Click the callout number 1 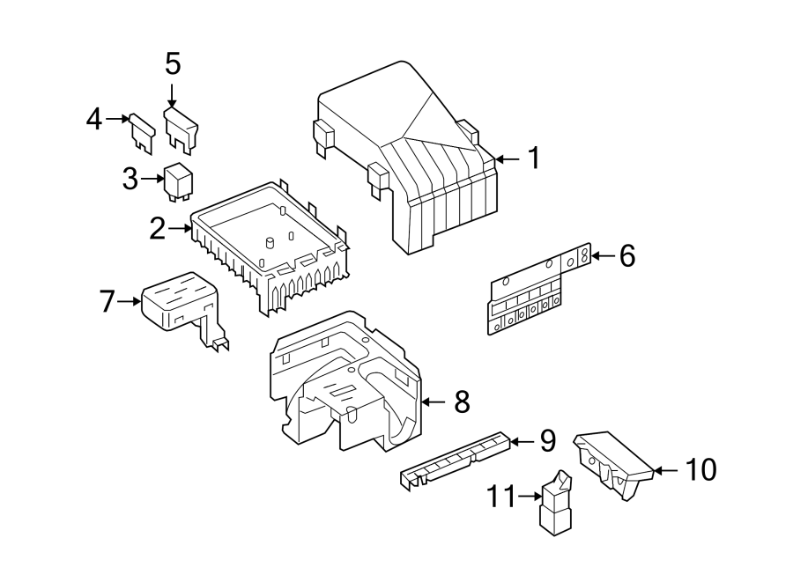[x=532, y=158]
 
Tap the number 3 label [x=130, y=179]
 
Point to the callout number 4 [x=94, y=118]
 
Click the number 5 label [x=173, y=63]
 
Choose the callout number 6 [x=626, y=256]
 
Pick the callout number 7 [x=107, y=302]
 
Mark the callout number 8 [x=462, y=402]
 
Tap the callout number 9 [x=547, y=440]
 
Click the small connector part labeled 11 [x=556, y=505]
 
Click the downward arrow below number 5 [x=173, y=93]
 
